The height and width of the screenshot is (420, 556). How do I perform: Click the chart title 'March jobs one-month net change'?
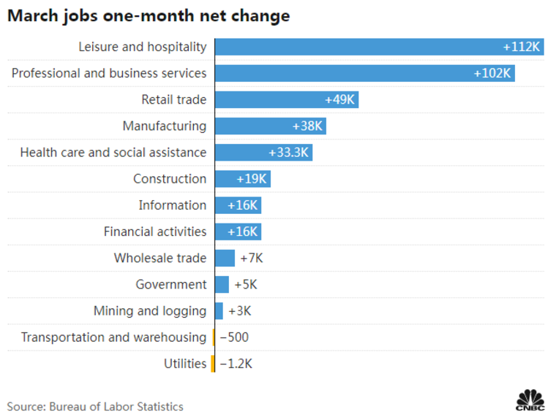[149, 16]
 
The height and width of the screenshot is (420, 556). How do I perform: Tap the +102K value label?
[493, 73]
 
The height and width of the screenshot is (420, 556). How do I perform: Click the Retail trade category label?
[174, 99]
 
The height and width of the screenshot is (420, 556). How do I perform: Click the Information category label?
[173, 205]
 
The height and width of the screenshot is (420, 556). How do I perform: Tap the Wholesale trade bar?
[225, 258]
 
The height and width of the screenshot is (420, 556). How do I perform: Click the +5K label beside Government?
[245, 284]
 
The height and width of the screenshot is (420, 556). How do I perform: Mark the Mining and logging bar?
[219, 310]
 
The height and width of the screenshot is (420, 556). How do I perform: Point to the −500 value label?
[234, 337]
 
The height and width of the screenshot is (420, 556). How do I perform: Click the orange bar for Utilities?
[213, 364]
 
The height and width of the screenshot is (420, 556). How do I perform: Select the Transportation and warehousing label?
[113, 337]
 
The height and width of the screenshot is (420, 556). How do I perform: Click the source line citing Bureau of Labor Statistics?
[95, 406]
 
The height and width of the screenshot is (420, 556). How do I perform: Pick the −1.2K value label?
[236, 364]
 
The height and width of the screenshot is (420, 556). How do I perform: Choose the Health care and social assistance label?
[113, 153]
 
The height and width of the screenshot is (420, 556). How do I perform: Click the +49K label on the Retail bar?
[339, 99]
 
